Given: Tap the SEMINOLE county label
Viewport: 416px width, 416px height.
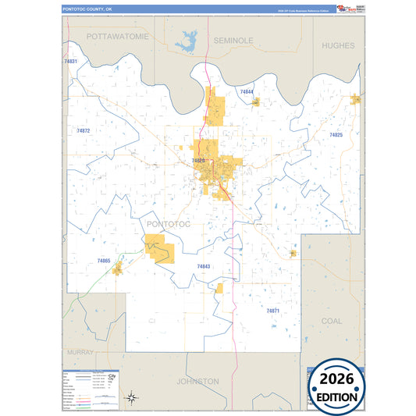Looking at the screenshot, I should tap(233, 39).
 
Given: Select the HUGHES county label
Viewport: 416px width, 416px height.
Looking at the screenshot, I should tap(338, 46).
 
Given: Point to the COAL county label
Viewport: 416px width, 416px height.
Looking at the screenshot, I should tap(332, 321).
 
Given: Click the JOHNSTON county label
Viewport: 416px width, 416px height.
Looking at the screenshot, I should tap(197, 382).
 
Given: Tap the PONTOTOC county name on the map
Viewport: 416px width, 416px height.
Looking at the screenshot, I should tap(168, 224).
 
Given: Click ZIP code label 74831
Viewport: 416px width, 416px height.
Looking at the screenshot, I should tap(70, 61).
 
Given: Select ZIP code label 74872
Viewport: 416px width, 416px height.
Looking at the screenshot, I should tap(84, 130).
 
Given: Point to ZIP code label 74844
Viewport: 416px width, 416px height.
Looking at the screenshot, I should tap(247, 92).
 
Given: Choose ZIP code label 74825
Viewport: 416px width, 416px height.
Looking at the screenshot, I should tap(336, 135).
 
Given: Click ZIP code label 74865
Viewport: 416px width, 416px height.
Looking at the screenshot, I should tap(104, 260).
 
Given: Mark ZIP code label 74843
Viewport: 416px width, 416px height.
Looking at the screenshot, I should tap(203, 266).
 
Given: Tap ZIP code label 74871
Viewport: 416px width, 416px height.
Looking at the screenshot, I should tap(272, 311).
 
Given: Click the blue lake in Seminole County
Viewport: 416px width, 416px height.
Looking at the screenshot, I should tap(187, 42).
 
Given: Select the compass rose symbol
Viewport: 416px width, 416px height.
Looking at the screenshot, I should tap(132, 397).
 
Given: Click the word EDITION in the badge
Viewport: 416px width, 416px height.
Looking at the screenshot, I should tap(338, 397).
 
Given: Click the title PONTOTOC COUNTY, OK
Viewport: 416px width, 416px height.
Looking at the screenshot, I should tap(88, 9).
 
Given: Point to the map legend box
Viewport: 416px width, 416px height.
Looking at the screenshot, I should tap(90, 387).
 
